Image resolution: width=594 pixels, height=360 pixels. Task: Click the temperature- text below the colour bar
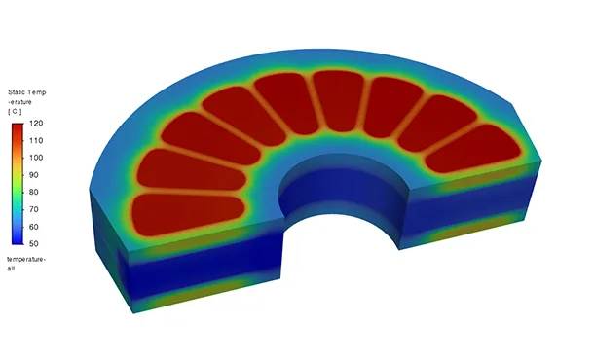coord(26,259)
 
